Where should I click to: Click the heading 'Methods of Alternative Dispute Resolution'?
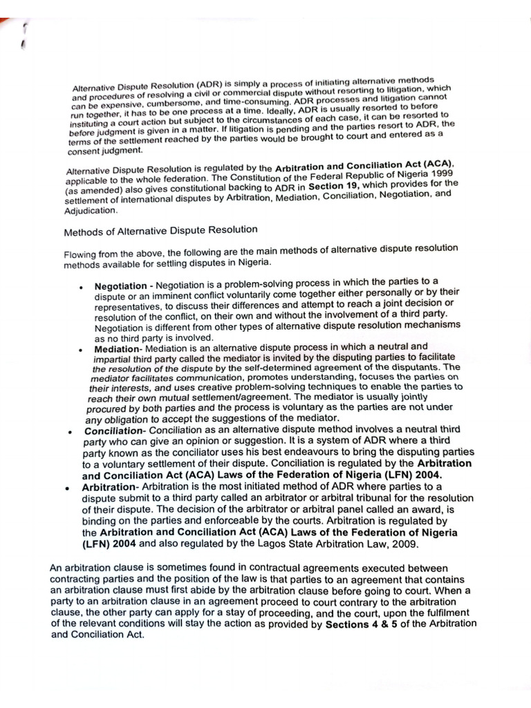[x=160, y=230]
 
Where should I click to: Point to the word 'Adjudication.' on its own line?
[x=91, y=210]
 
